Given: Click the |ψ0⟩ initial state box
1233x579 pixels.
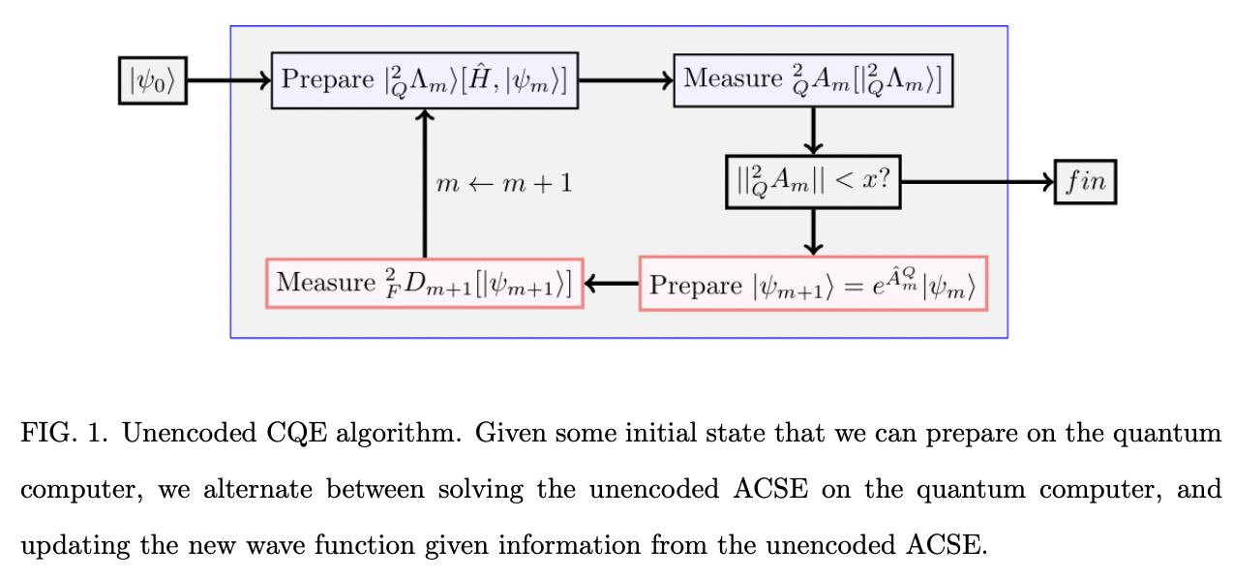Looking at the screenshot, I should [x=152, y=80].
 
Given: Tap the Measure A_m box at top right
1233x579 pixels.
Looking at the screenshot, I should [x=814, y=80].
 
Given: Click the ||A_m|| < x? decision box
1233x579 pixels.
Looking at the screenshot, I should [x=813, y=181].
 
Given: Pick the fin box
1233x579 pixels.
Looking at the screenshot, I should [x=1085, y=181].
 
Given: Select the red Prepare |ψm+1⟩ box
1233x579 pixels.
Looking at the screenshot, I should [x=813, y=283].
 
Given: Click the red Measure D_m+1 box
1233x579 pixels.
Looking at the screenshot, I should [x=424, y=283].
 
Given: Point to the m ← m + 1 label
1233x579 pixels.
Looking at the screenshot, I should [x=503, y=182].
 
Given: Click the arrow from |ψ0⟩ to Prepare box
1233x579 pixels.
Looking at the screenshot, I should [x=228, y=80].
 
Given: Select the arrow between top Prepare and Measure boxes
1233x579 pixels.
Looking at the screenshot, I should [x=625, y=80].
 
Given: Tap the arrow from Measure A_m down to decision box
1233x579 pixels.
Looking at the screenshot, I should [x=813, y=131].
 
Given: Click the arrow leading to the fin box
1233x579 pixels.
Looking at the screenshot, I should [x=977, y=181].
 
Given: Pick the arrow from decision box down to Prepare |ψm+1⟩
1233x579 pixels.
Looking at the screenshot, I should [x=813, y=231].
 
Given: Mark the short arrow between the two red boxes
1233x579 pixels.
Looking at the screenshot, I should [x=611, y=283].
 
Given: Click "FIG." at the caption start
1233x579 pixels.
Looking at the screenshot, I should [x=44, y=433].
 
